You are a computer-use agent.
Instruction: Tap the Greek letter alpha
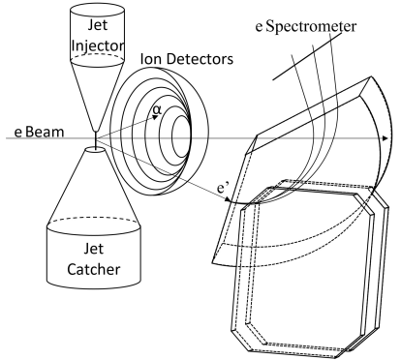(128, 112)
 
